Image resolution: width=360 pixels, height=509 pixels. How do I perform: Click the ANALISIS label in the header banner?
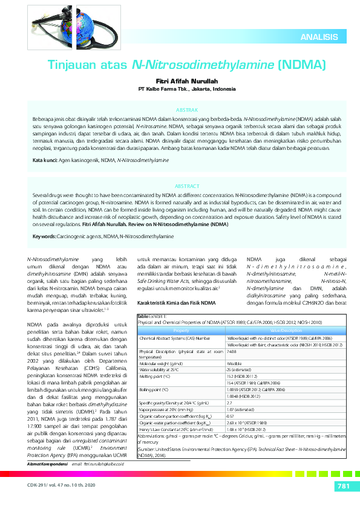pyautogui.click(x=319, y=37)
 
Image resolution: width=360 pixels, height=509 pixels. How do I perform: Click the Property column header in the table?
pyautogui.click(x=181, y=331)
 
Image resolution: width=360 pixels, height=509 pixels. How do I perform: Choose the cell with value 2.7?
pyautogui.click(x=229, y=402)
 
